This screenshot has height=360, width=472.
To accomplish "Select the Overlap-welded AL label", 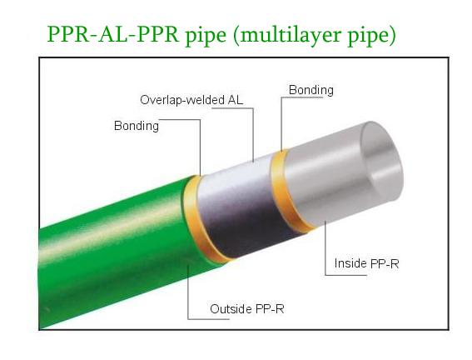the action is click(191, 100).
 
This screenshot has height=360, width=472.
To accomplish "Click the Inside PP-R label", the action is click(366, 263).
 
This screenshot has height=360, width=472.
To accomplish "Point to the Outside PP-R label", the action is click(247, 309).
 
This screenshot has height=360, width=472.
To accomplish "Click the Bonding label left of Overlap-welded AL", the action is click(137, 126).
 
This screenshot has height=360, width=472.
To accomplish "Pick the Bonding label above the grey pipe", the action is click(311, 90).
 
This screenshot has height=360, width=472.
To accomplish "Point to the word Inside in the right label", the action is click(350, 263).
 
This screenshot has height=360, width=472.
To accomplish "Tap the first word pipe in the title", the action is click(206, 36).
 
